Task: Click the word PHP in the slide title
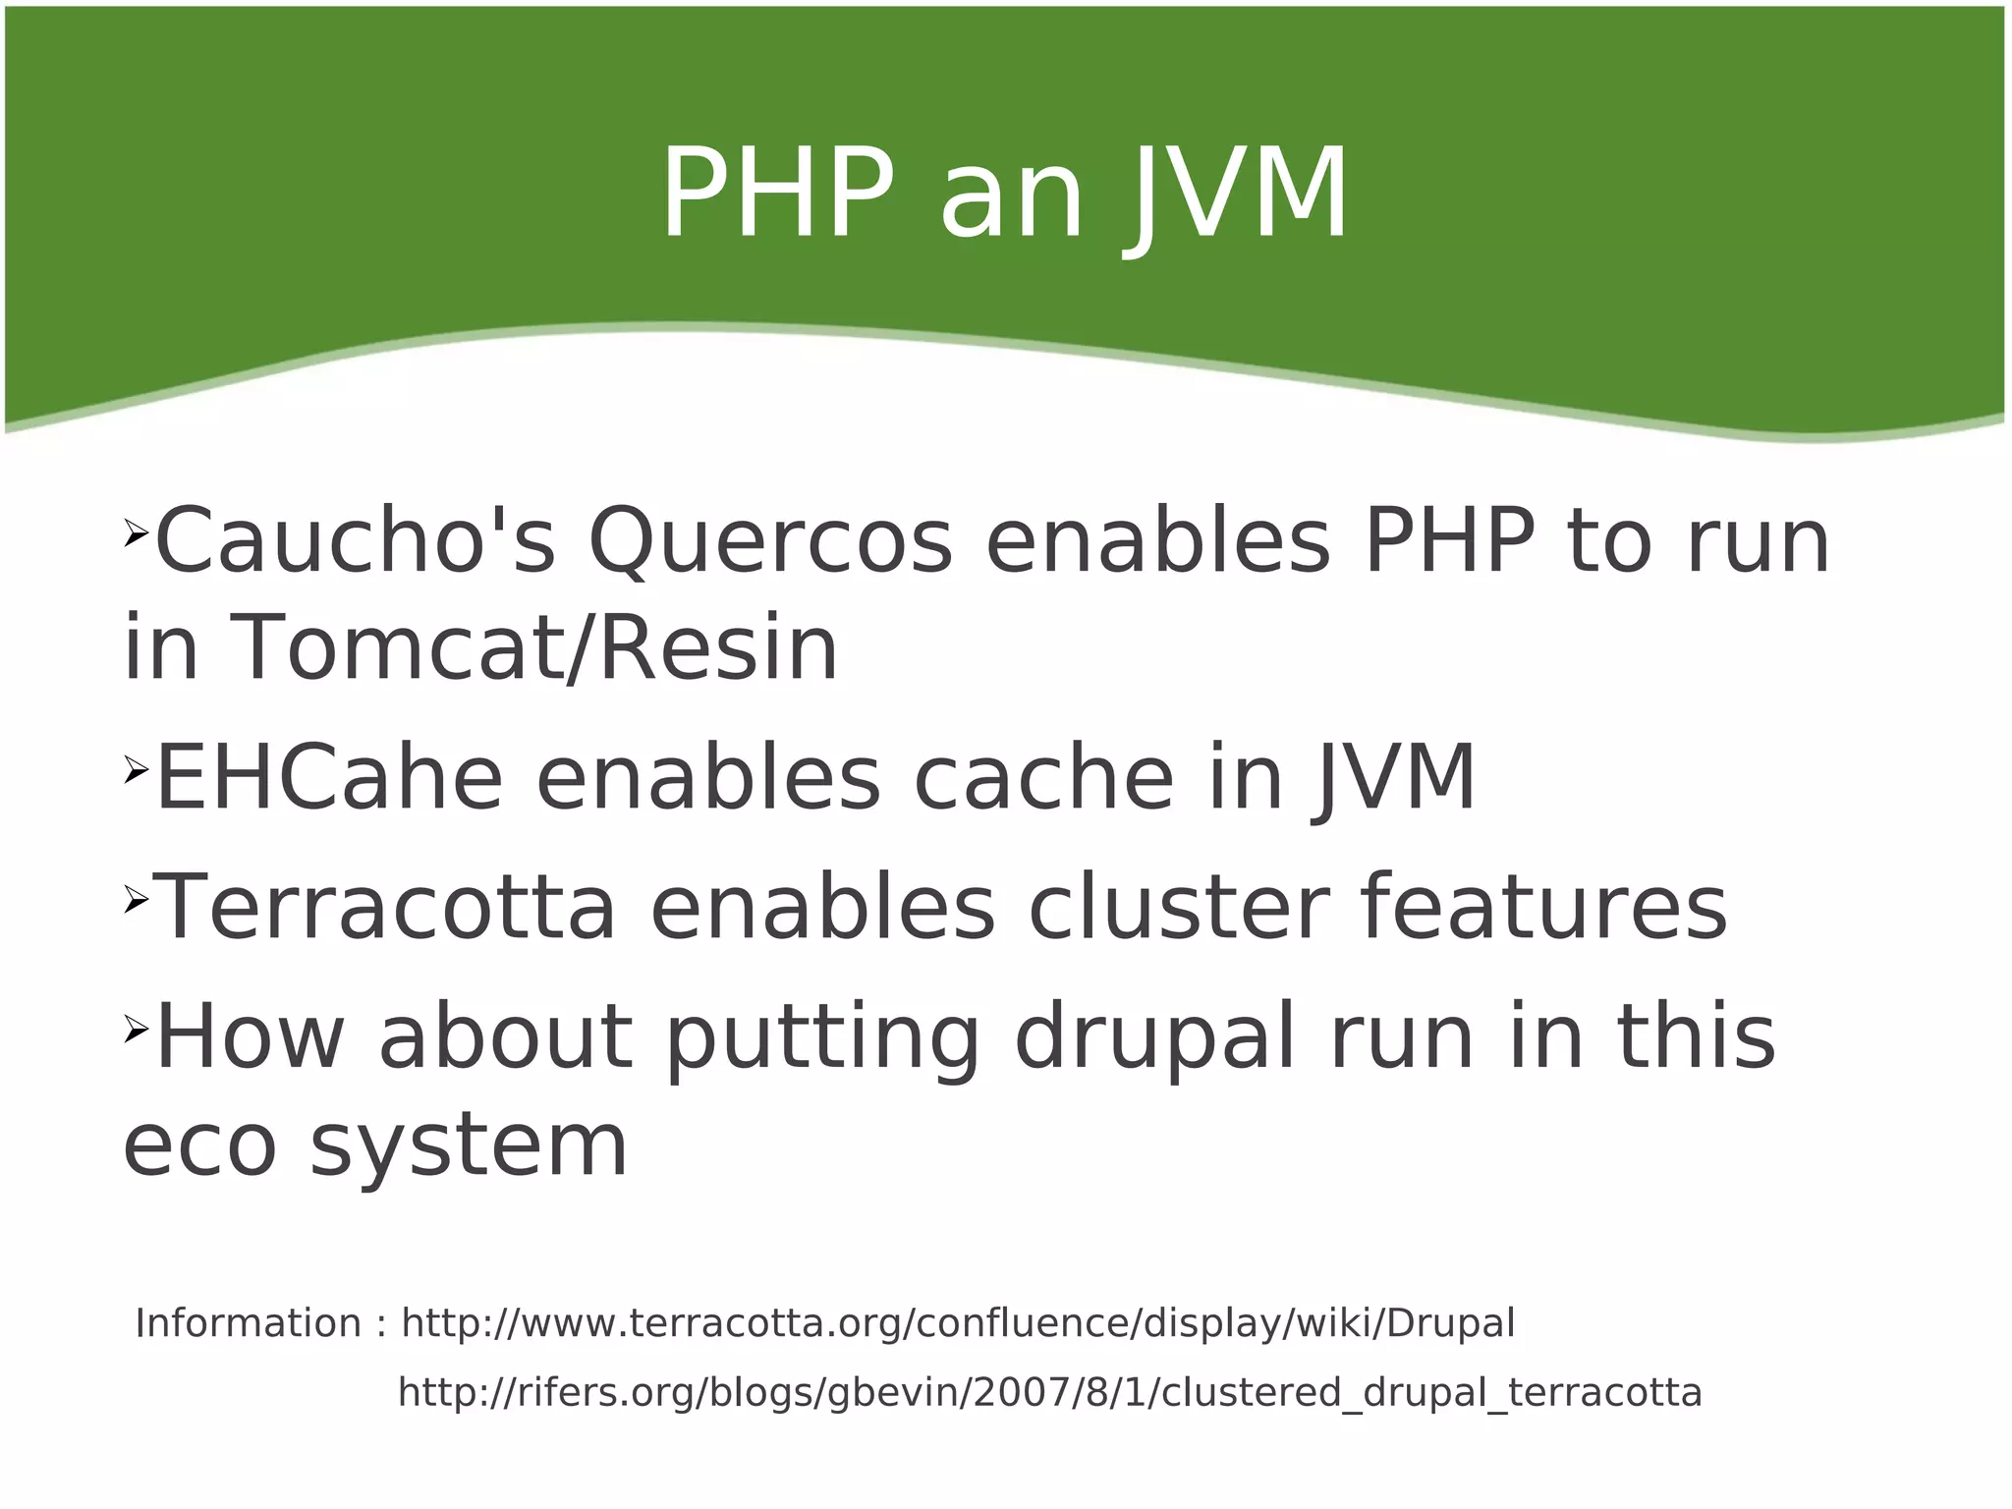click(777, 194)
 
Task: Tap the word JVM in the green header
click(1240, 196)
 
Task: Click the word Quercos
click(770, 543)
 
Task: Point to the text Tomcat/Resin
click(533, 647)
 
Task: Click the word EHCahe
click(329, 778)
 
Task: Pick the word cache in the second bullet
click(1043, 778)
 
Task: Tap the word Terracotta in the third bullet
click(386, 908)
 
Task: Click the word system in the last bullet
click(469, 1147)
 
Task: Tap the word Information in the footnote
click(249, 1323)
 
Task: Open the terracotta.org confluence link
click(958, 1323)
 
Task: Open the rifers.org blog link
click(1049, 1393)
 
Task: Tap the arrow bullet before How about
click(136, 1030)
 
